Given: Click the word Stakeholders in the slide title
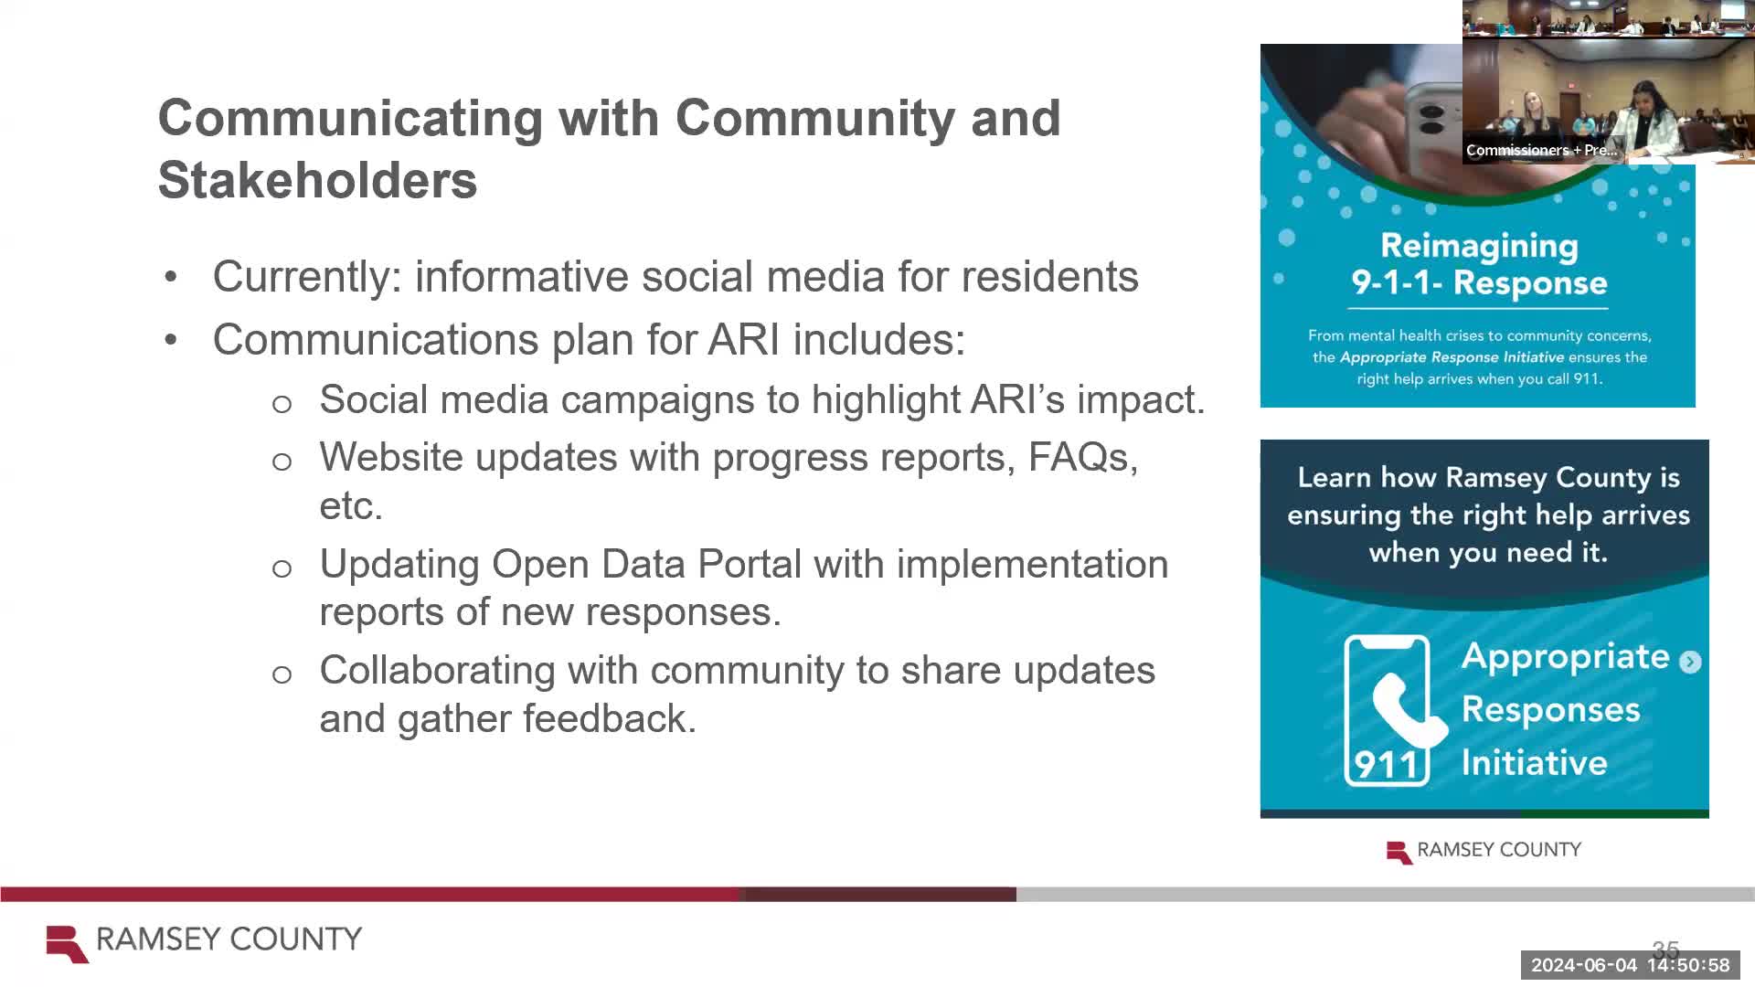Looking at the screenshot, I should click(x=317, y=180).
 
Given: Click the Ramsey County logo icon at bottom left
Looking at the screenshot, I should click(x=67, y=943).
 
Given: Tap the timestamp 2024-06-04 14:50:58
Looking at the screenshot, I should click(x=1630, y=965).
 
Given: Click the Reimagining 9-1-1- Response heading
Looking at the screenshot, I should click(x=1478, y=264).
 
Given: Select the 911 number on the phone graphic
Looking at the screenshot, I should click(x=1386, y=764).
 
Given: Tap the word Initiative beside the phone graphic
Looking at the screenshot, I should click(x=1534, y=762).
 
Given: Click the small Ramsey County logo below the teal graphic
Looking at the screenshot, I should click(x=1399, y=852).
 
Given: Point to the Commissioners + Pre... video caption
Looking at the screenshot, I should click(x=1541, y=150).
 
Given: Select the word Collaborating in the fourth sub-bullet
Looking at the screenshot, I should click(x=437, y=670).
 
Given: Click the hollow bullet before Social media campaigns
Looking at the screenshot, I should click(x=282, y=403).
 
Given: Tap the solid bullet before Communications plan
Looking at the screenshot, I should click(x=171, y=340).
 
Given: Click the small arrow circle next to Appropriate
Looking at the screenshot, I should click(x=1690, y=662).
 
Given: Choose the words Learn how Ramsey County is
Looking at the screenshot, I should click(x=1488, y=477).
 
